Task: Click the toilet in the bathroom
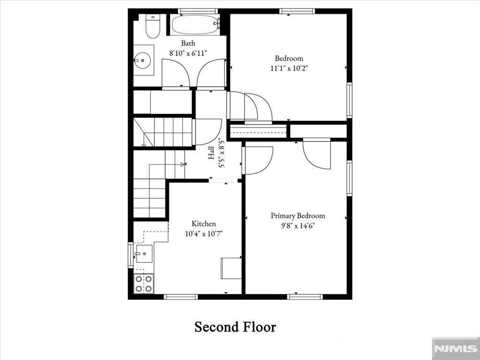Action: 152,26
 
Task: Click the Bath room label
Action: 188,43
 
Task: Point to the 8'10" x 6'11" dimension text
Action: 188,53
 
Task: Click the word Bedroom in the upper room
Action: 289,58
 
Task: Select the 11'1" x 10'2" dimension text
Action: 289,68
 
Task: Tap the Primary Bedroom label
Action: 298,216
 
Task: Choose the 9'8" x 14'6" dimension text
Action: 298,226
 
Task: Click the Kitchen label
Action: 204,224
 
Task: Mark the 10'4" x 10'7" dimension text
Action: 204,234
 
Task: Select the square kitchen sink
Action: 144,254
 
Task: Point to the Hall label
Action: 211,153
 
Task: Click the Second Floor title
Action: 235,327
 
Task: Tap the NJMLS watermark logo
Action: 456,348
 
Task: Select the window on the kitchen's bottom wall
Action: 181,296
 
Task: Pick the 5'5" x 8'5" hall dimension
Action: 221,153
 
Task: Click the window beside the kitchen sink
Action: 131,255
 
